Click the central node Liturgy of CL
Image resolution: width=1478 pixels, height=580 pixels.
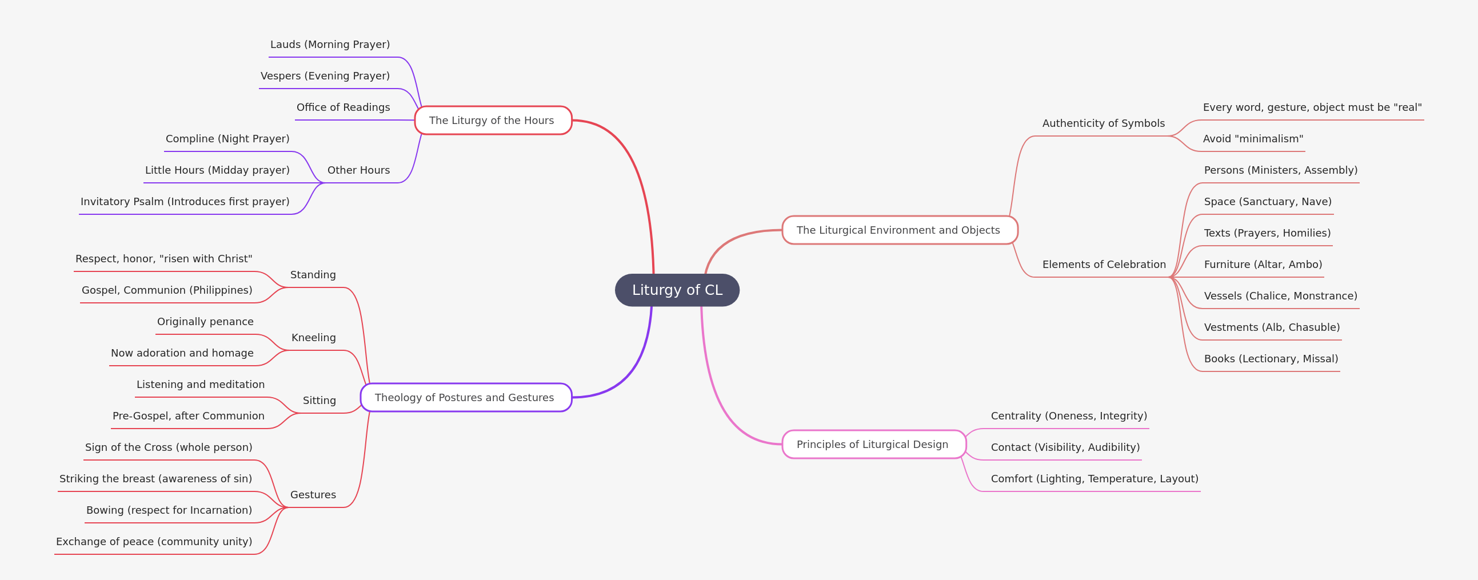pyautogui.click(x=677, y=290)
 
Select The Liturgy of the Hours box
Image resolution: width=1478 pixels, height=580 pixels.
pyautogui.click(x=493, y=121)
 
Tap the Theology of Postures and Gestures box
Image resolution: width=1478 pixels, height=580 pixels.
pyautogui.click(x=466, y=398)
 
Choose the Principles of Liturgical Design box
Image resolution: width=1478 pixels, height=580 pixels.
pyautogui.click(x=874, y=445)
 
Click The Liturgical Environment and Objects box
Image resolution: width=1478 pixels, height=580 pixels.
pyautogui.click(x=900, y=230)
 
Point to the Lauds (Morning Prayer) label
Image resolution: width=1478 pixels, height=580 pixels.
pyautogui.click(x=330, y=44)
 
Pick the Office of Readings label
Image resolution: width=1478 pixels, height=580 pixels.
pyautogui.click(x=343, y=107)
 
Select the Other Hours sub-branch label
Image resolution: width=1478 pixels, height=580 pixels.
pyautogui.click(x=358, y=170)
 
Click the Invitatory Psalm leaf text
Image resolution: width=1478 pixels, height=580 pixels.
pyautogui.click(x=185, y=201)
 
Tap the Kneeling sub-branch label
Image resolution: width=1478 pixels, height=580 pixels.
pyautogui.click(x=313, y=338)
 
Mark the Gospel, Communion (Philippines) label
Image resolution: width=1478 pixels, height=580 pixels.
pyautogui.click(x=167, y=290)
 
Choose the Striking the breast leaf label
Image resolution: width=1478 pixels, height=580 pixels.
pyautogui.click(x=155, y=479)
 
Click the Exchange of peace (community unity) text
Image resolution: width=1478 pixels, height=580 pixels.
pyautogui.click(x=154, y=542)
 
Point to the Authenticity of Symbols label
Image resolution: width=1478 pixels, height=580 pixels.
pyautogui.click(x=1103, y=123)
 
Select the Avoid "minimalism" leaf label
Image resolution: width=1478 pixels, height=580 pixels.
pyautogui.click(x=1252, y=139)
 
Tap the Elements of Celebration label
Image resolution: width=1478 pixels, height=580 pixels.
pyautogui.click(x=1104, y=265)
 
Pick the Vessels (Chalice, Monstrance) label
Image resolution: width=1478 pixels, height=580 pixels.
pyautogui.click(x=1281, y=296)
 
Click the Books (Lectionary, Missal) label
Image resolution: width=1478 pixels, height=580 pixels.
pyautogui.click(x=1271, y=358)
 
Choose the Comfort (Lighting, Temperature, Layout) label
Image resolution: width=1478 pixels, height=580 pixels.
pyautogui.click(x=1094, y=479)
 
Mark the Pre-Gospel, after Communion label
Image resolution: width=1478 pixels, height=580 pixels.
pyautogui.click(x=188, y=416)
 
